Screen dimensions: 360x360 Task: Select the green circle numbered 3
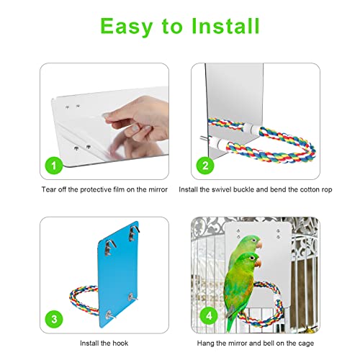tap(53, 319)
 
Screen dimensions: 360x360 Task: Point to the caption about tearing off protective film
tap(105, 189)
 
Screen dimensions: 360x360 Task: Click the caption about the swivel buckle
tap(256, 189)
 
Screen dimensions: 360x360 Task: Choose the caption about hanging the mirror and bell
tap(256, 345)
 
